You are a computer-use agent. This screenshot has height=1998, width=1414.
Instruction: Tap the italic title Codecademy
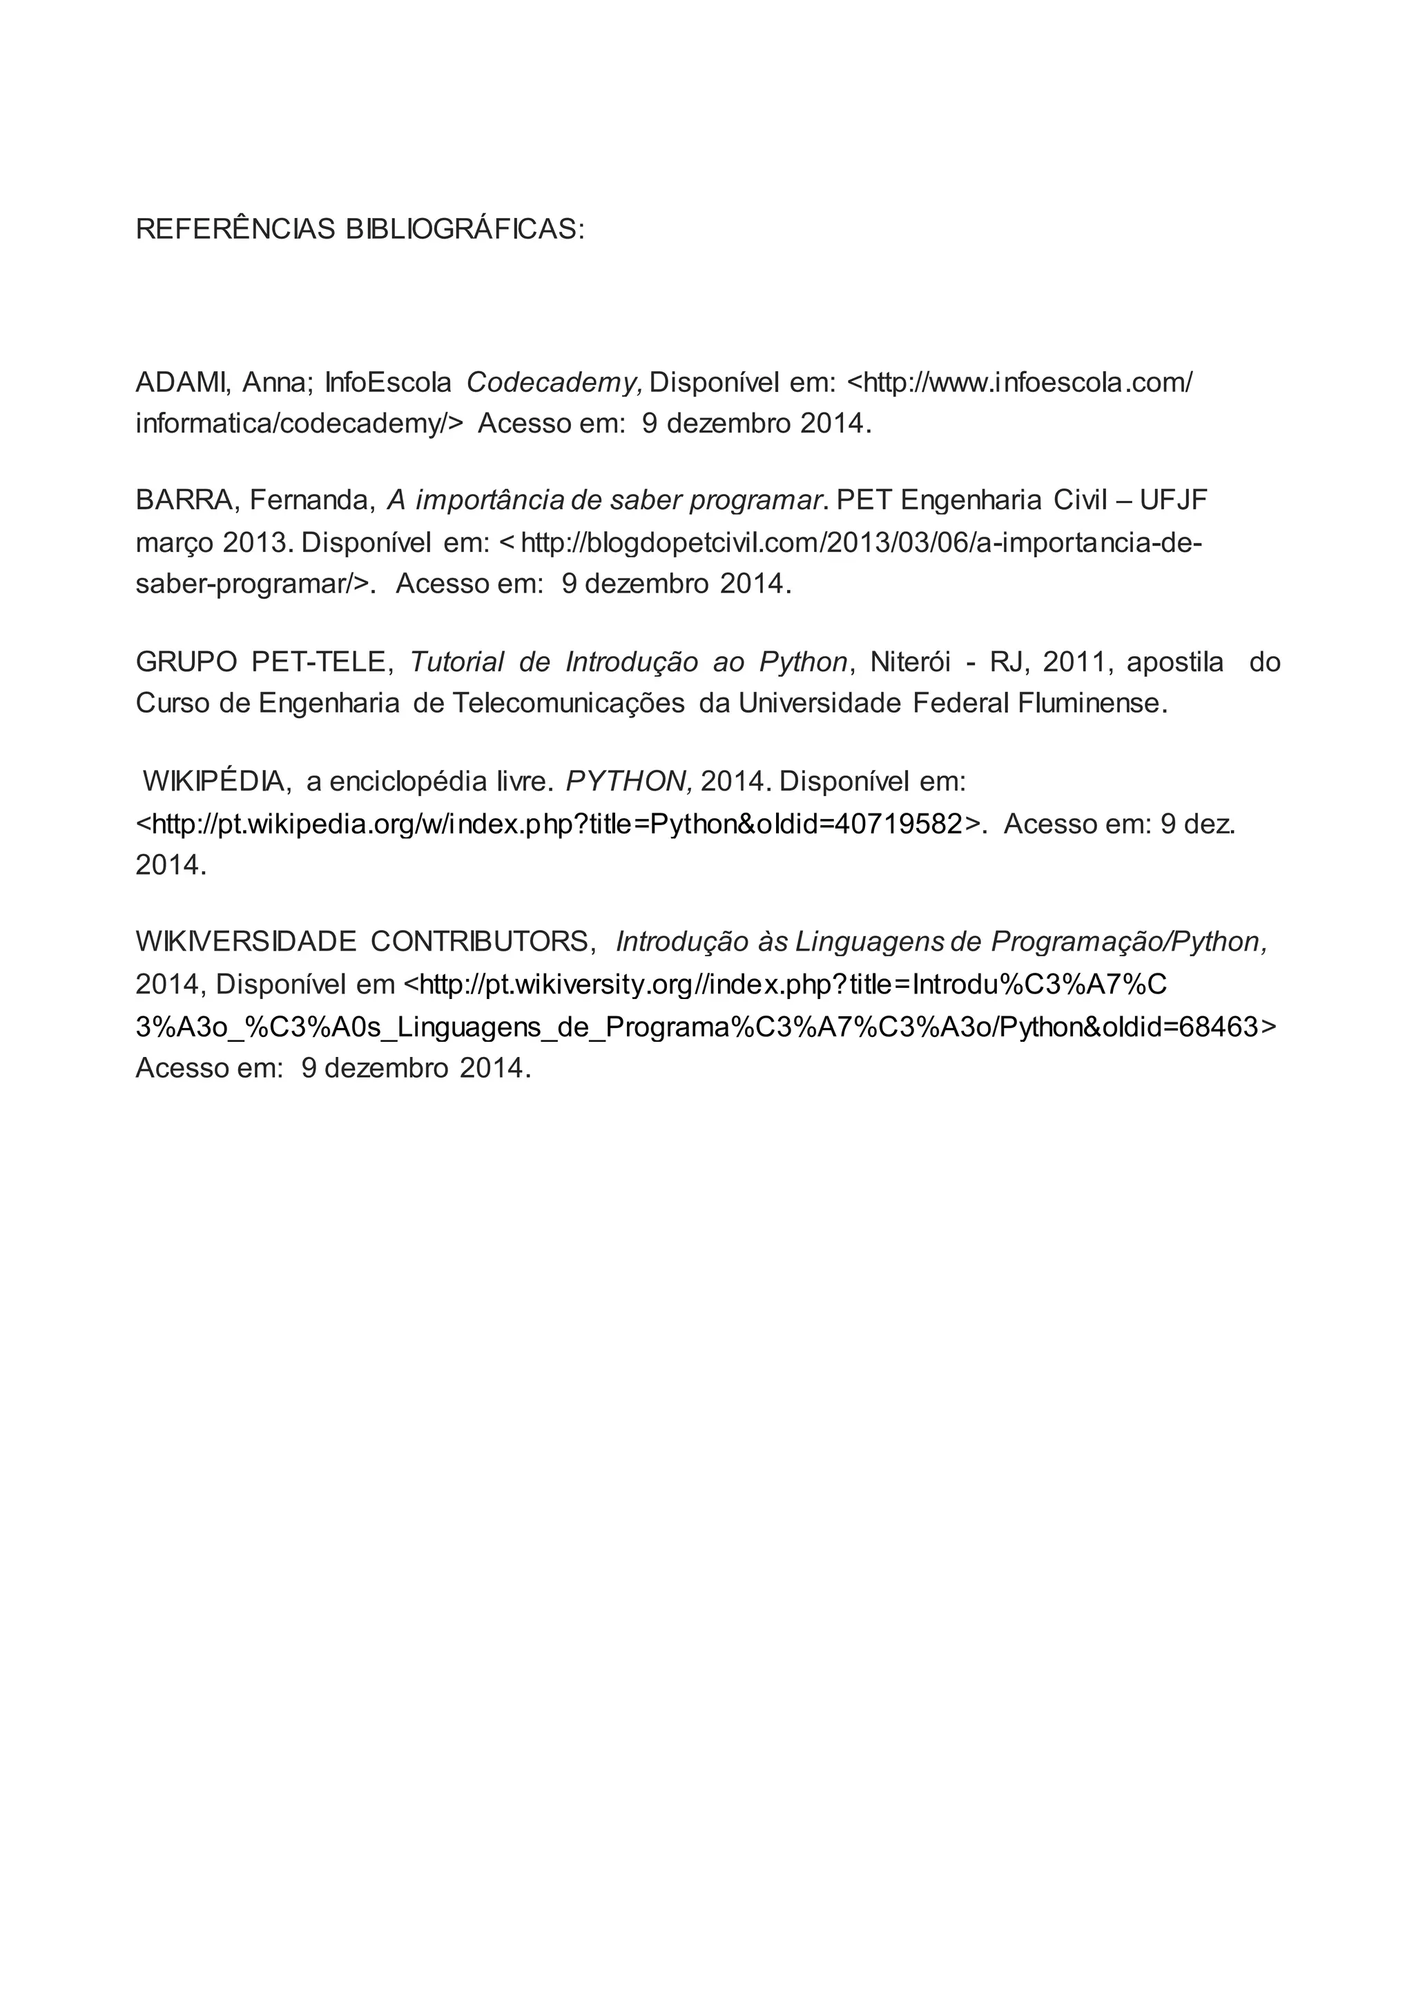point(554,382)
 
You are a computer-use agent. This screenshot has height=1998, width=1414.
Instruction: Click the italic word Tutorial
point(457,662)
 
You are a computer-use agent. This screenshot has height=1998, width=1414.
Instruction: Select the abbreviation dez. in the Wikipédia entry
point(1210,823)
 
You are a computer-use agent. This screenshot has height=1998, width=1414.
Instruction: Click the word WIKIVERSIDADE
point(246,942)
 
